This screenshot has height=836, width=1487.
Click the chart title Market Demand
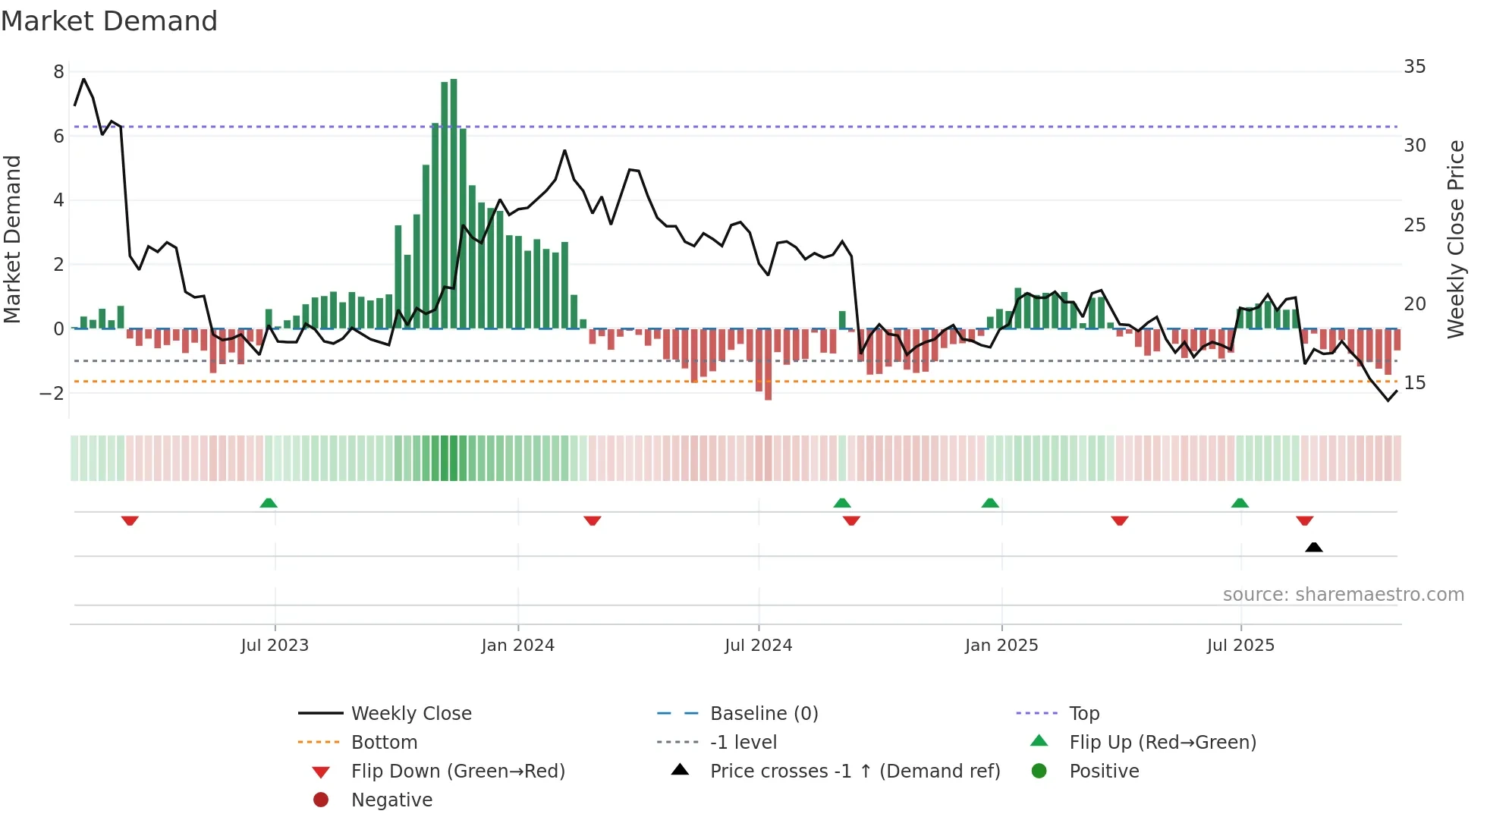point(109,21)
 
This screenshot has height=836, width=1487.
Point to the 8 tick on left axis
point(58,72)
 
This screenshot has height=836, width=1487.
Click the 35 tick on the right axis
point(1414,67)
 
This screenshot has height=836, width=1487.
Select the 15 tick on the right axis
point(1414,383)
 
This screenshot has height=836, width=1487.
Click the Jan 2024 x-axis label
point(517,646)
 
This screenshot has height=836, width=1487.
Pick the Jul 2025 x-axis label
point(1240,646)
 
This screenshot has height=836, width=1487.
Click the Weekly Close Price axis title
point(1455,239)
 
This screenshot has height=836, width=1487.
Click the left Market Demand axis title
point(13,239)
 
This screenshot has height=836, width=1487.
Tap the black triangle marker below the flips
point(1314,547)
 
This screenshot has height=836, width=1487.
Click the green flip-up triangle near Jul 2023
point(269,503)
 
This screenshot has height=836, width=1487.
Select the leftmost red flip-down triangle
point(130,521)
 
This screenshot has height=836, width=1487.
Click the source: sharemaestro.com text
point(1343,595)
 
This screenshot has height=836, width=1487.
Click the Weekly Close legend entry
point(410,714)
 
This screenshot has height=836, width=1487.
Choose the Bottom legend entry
point(384,743)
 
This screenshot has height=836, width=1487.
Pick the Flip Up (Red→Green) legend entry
point(1162,743)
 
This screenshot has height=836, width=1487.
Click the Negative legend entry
point(391,800)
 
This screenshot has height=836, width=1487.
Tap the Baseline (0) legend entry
point(763,714)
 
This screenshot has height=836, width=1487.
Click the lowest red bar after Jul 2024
point(768,364)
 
